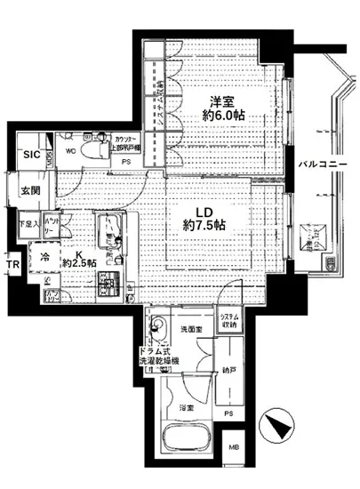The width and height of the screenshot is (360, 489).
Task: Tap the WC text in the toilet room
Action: click(70, 136)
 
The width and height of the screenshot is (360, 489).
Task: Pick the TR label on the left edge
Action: click(10, 265)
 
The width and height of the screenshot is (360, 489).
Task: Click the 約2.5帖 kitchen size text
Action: click(80, 264)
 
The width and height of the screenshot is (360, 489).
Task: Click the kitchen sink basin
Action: click(115, 228)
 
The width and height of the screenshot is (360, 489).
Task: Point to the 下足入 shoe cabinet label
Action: click(29, 225)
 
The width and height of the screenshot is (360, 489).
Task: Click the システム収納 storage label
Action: click(229, 322)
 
